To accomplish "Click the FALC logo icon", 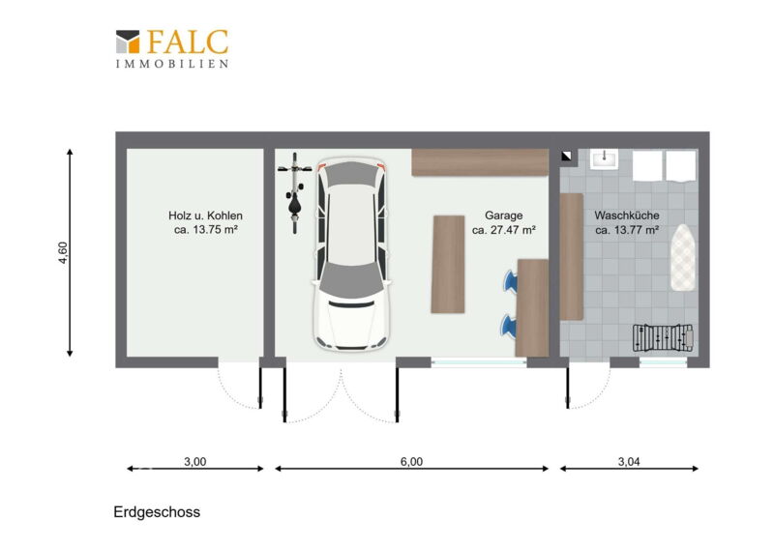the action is click(x=128, y=42).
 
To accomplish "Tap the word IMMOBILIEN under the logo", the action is click(x=172, y=64).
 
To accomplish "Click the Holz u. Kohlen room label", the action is click(x=205, y=216).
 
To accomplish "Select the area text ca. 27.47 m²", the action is click(x=504, y=230).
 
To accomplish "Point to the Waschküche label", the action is click(x=627, y=216).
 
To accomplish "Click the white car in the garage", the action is click(x=351, y=253).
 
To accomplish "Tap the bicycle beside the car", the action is click(x=295, y=193).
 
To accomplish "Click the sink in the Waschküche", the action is click(x=604, y=158).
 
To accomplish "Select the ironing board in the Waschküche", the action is click(x=683, y=257).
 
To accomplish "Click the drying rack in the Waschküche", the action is click(x=663, y=338).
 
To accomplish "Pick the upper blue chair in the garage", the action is click(x=510, y=280).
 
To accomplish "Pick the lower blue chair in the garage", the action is click(x=509, y=326).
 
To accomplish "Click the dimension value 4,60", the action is click(x=63, y=252).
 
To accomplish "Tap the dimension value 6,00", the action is click(x=411, y=462).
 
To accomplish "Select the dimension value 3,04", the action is click(x=629, y=462).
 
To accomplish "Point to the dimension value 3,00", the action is click(x=195, y=462).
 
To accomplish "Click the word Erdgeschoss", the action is click(x=157, y=512).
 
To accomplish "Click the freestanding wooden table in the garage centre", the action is click(x=448, y=264).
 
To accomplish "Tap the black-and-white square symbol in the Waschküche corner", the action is click(x=566, y=157).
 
